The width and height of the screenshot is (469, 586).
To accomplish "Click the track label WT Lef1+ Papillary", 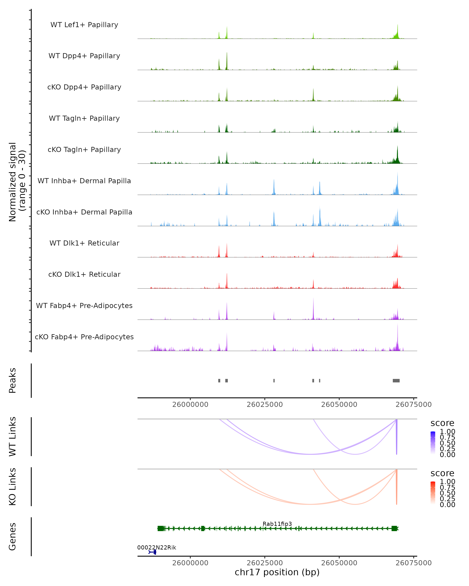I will [84, 25].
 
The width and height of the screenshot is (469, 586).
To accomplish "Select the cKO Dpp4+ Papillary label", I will [84, 87].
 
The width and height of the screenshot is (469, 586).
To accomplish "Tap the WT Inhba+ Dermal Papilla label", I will [84, 181].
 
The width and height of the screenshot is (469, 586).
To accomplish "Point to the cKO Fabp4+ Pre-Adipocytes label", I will [84, 337].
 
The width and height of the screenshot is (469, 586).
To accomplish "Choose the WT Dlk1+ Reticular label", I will [84, 243].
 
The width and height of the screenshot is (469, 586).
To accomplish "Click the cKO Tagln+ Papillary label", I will [84, 150].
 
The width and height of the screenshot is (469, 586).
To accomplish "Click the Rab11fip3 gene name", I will [277, 524].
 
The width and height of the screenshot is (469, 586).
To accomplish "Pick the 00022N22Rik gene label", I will [157, 547].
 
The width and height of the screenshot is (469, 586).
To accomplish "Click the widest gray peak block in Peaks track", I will [396, 381].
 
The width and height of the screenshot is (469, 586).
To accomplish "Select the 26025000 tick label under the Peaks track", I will [265, 405].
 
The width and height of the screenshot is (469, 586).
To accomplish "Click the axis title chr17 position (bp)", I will [277, 572].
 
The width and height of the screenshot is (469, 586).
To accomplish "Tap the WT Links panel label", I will [13, 437].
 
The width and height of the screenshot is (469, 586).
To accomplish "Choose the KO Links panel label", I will [13, 487].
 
